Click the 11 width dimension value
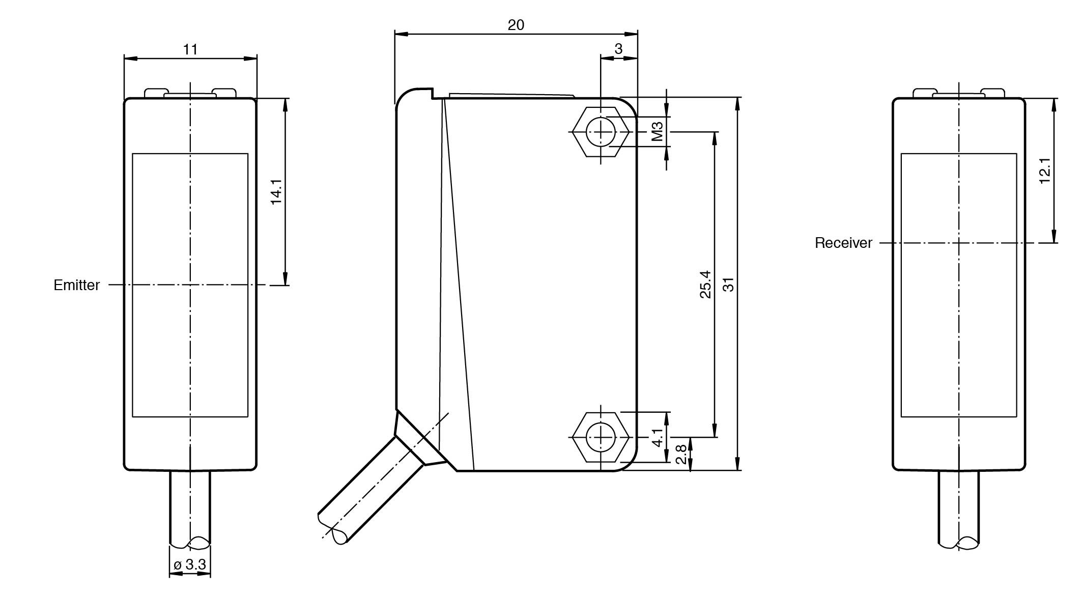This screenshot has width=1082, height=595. coord(190,49)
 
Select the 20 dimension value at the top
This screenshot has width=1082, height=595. coord(516,25)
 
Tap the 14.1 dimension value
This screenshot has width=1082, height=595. coord(276,191)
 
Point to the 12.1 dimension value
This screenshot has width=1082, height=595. coord(1044,170)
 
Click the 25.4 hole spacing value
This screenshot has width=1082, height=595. coord(705,284)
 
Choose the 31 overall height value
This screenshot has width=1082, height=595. coord(729,284)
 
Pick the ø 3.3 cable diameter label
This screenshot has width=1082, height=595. coord(190,564)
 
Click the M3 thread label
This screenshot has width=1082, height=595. coord(657,131)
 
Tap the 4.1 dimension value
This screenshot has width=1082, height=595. coord(658,437)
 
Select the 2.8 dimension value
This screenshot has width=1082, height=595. coord(681,454)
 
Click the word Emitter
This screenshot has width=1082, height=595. coord(77,285)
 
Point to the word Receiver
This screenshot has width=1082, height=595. coord(843,243)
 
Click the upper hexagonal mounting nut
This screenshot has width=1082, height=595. coord(601,132)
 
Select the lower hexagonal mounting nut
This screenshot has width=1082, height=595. coord(601,437)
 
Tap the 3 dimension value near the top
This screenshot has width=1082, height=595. coord(618,49)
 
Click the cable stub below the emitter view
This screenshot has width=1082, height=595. coord(190,509)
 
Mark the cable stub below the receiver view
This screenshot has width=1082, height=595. coord(959,509)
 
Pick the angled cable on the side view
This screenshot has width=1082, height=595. coord(372,494)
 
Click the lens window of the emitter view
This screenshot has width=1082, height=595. coord(190,285)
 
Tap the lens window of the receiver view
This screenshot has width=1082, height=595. coord(959,285)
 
